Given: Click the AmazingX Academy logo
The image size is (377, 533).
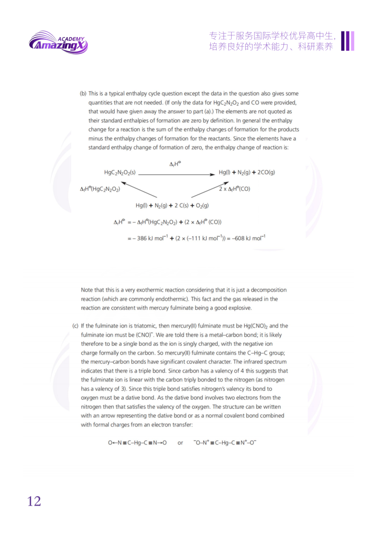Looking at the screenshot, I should pos(58,43).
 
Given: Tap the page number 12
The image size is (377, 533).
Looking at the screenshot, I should pos(34,501).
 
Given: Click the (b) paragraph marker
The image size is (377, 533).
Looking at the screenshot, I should pos(83,94).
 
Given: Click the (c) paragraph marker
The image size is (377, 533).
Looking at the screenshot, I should pos(75,326).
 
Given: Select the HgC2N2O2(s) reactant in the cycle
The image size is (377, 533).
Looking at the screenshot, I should pos(120,172).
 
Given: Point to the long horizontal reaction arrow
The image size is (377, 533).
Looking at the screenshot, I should pos(176,174).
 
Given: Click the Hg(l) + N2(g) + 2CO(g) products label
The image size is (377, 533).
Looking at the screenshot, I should pos(247,172).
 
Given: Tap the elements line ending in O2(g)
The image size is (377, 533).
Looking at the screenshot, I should pos(172,206).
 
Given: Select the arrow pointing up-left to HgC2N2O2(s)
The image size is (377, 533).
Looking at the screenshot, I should pos(139,190).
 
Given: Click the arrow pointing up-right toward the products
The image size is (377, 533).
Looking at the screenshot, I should pos(210,190).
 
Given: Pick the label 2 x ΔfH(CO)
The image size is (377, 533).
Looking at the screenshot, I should pos(235,189).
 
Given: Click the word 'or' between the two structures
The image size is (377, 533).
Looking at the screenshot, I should pos(180,443).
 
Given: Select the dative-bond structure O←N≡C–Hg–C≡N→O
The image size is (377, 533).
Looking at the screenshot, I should pos(137,443).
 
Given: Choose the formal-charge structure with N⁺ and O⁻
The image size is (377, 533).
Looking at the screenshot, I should pos(225,443).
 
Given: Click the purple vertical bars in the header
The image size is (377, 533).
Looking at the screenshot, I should pos(348,41).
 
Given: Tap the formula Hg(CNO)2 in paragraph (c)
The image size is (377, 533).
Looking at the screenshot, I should pos(256,326).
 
